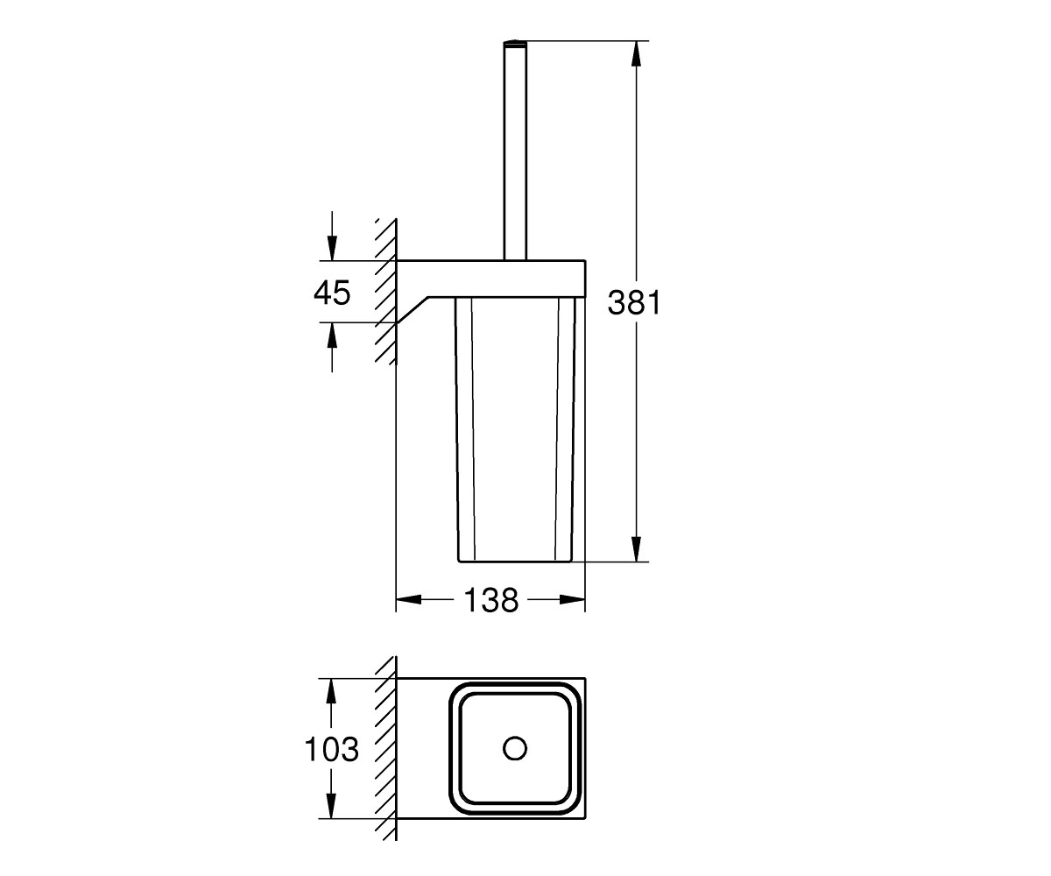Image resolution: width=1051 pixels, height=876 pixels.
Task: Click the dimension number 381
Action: (x=634, y=302)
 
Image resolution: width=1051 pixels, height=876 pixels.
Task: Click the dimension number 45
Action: (x=332, y=293)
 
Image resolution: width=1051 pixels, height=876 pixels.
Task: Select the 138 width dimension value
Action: (x=490, y=600)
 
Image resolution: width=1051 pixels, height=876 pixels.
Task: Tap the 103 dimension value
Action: (x=332, y=749)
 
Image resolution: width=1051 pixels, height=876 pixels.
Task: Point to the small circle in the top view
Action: (x=515, y=748)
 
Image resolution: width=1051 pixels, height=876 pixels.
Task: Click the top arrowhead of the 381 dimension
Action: (x=636, y=53)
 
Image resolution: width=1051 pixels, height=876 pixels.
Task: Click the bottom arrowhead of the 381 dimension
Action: (x=636, y=548)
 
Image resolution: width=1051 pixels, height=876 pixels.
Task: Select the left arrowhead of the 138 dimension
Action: (x=409, y=599)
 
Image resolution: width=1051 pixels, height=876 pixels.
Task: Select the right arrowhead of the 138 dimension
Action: (x=573, y=599)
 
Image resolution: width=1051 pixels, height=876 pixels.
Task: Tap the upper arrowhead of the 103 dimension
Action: (x=331, y=691)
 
